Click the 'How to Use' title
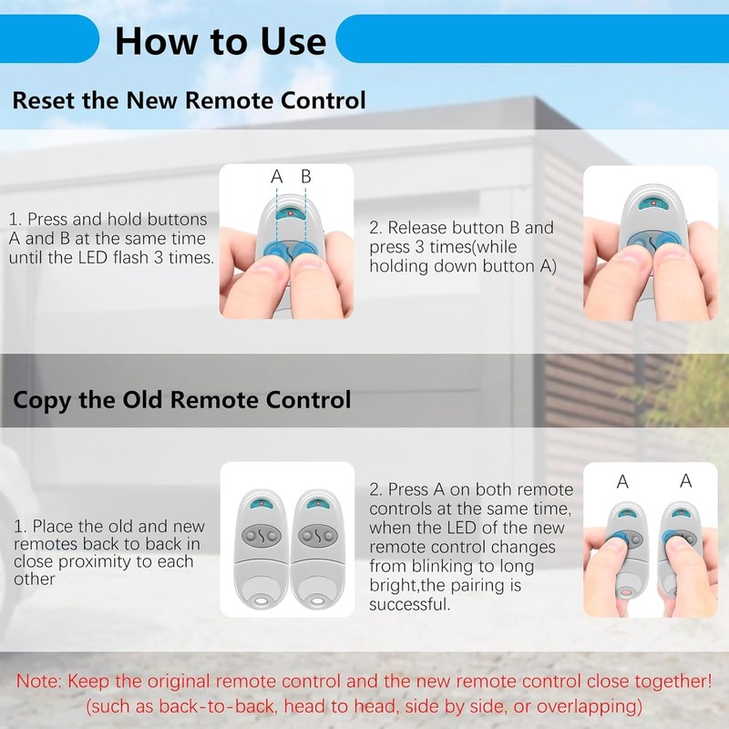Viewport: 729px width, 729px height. coord(220,41)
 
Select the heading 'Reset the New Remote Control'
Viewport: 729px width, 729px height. coord(189,99)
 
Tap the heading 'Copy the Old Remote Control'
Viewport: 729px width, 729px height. coord(181,399)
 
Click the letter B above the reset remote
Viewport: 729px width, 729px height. coord(306,177)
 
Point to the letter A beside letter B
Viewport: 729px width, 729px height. coord(277,177)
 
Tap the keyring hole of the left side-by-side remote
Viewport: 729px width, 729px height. coord(262,602)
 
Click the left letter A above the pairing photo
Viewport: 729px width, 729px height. coord(622,482)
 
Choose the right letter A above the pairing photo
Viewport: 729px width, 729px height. coord(685,482)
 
